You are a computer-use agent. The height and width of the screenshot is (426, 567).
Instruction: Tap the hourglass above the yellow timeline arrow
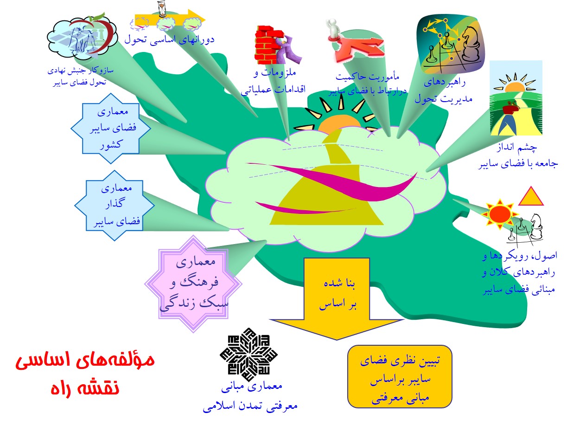click(162, 9)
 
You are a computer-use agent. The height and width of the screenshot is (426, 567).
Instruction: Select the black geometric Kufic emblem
click(248, 355)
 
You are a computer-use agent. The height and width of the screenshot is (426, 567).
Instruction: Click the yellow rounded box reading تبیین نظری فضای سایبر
click(400, 377)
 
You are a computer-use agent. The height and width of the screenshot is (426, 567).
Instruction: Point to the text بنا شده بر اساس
click(338, 294)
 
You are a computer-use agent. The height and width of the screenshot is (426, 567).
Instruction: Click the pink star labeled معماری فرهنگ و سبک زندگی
click(193, 284)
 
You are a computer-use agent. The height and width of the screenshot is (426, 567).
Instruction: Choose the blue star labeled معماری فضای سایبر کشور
click(111, 129)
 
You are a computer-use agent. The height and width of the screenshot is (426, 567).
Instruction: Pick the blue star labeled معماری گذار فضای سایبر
click(115, 206)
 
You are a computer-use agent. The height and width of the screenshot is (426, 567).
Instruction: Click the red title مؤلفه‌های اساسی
click(85, 360)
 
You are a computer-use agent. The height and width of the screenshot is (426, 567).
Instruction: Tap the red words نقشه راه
click(85, 388)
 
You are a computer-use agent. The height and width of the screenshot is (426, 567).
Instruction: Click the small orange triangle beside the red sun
click(531, 196)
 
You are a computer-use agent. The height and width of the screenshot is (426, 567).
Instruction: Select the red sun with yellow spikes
click(500, 214)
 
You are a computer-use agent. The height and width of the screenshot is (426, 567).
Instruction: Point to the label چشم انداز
click(517, 147)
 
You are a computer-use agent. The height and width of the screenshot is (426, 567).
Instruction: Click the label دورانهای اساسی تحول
click(169, 39)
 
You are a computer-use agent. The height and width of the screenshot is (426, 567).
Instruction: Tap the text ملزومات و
click(274, 72)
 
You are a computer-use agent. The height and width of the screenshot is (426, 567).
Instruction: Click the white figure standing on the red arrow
click(333, 30)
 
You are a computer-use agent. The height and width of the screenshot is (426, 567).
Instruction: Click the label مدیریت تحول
click(444, 99)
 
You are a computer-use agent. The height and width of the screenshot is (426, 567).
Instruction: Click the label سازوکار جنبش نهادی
click(80, 71)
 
